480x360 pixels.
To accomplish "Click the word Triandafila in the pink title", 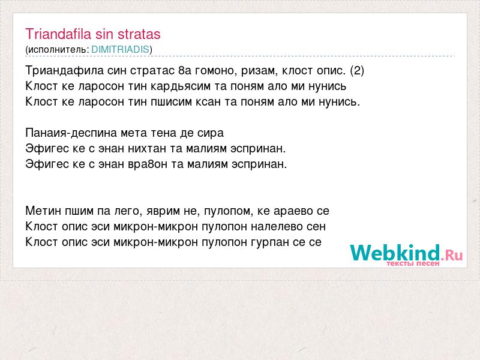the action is (x=58, y=34).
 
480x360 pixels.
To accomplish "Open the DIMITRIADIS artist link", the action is (x=121, y=50).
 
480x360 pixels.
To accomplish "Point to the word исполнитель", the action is (x=57, y=50).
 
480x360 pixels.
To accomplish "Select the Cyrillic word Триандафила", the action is (x=65, y=71).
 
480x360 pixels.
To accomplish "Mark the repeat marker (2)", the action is (x=357, y=71).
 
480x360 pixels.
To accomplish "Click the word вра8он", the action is (x=148, y=164).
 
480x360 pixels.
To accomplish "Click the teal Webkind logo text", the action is (x=395, y=253).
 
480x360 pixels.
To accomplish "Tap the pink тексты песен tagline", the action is (x=413, y=263).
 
